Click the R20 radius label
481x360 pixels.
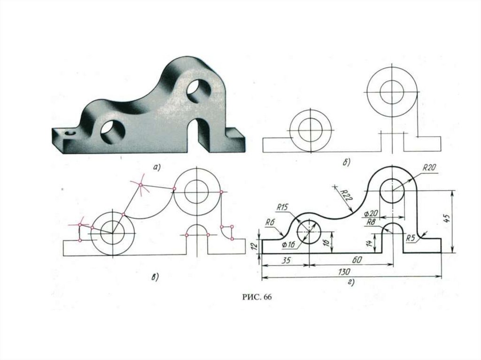430,167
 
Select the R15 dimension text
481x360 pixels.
282,206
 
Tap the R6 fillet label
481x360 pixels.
270,222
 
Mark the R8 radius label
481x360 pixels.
371,222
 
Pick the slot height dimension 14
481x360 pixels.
370,243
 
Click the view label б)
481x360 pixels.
346,162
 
